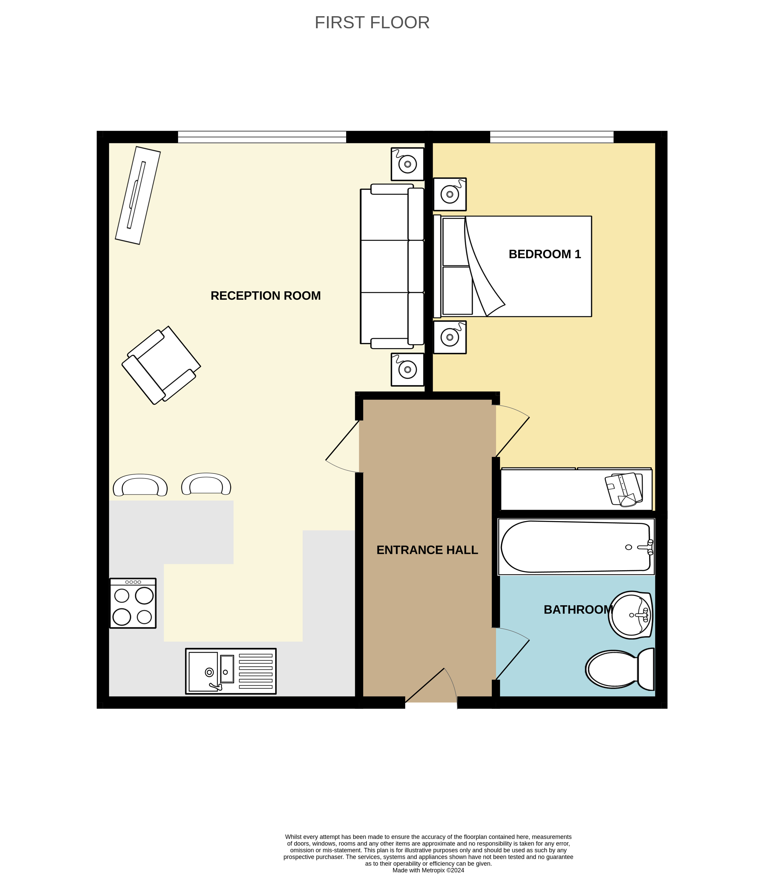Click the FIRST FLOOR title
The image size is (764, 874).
coord(372,23)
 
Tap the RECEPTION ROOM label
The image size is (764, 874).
coord(266,296)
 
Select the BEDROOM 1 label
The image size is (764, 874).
coord(544,254)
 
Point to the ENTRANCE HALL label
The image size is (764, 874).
coord(427,550)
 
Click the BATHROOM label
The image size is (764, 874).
coord(578,610)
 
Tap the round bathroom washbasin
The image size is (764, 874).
coord(630,615)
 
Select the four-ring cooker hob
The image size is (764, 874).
coord(133,603)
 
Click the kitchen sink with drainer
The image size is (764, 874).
coord(231,671)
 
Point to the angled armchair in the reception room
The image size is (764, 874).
coord(161,365)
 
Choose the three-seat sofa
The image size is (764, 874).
coord(392,267)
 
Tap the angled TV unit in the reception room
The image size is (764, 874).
coord(138,195)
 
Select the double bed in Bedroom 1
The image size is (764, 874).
coord(513,267)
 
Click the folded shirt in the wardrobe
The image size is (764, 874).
coord(624,489)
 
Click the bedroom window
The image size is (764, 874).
coord(552,137)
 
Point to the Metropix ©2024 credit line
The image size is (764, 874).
coord(428,871)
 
